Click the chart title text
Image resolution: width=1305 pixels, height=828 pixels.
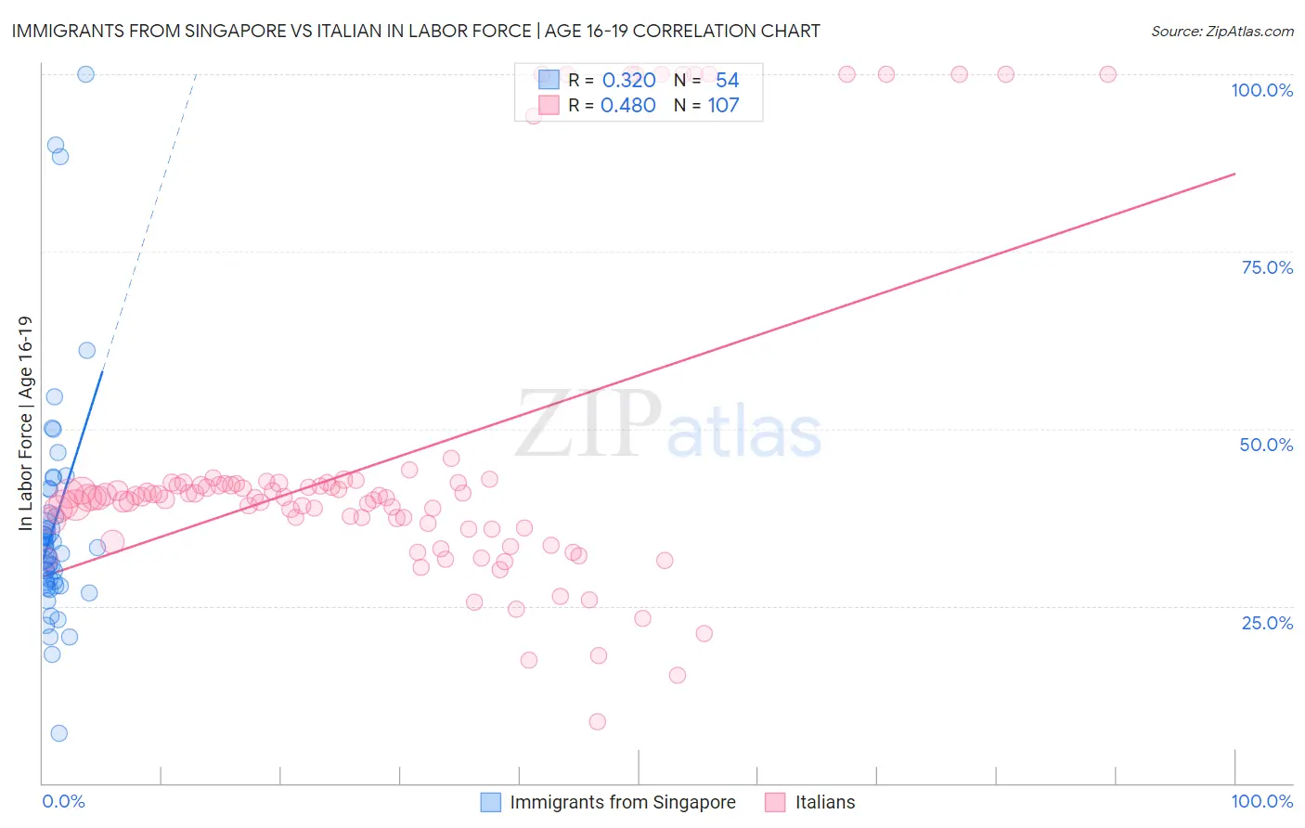point(416,31)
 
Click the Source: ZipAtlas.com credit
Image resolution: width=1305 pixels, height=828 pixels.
point(1221,31)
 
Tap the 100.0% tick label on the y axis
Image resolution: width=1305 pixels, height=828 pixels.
point(1261,90)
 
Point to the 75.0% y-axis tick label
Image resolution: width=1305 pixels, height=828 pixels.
point(1267,267)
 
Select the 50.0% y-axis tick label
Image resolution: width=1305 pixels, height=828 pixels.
point(1266,445)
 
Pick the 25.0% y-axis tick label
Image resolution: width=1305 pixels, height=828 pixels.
point(1267,622)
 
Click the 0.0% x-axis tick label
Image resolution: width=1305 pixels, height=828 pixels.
point(63,801)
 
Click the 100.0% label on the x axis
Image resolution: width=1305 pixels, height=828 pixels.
point(1261,801)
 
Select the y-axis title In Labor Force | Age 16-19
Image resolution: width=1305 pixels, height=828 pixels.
point(25,423)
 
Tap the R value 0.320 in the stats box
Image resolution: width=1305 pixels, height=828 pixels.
point(628,81)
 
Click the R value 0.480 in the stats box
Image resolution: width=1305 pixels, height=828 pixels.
point(628,106)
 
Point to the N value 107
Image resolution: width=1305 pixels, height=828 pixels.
point(723,106)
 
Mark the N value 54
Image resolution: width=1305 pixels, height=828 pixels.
point(727,81)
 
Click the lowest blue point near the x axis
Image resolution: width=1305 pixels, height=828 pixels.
point(58,733)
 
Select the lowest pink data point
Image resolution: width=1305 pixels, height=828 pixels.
point(598,721)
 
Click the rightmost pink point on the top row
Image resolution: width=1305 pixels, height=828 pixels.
point(1107,74)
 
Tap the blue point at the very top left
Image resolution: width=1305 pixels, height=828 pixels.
point(85,74)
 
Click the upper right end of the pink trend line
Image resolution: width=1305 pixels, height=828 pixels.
point(1234,174)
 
